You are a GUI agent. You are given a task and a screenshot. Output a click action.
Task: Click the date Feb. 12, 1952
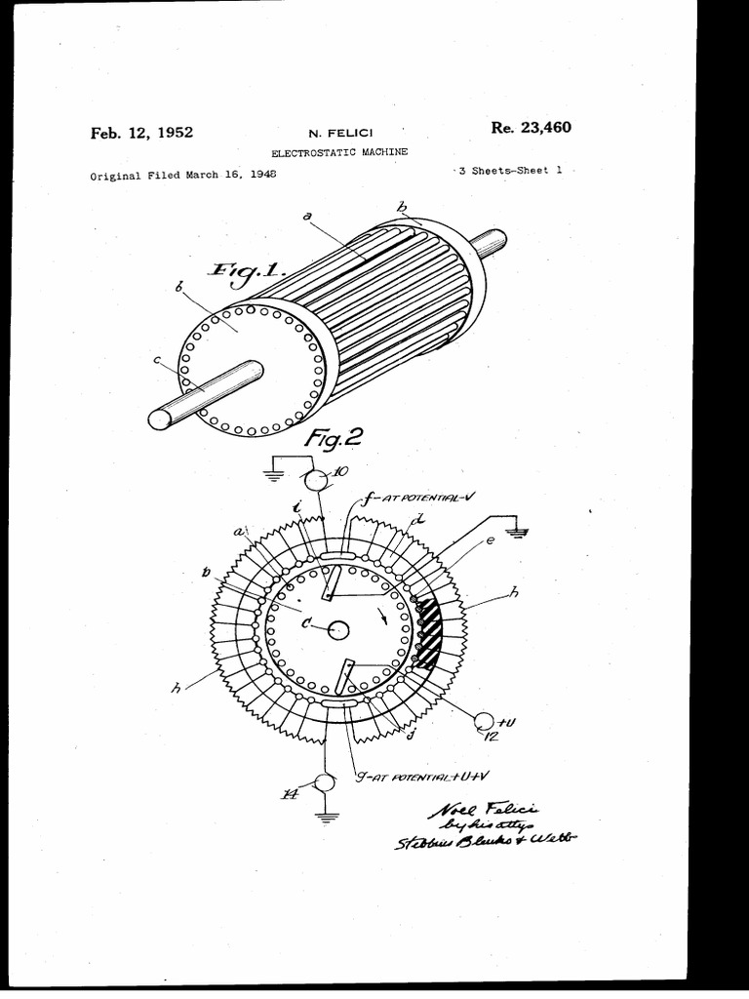[141, 133]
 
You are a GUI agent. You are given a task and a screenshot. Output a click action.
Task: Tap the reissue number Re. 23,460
[532, 127]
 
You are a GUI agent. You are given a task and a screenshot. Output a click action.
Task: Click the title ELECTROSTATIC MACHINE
[338, 152]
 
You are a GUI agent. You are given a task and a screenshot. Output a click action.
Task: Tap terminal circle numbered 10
[318, 479]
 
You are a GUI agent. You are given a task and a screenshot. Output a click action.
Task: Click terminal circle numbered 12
[483, 721]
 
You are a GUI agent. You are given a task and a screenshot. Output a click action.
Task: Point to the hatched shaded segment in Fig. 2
[429, 635]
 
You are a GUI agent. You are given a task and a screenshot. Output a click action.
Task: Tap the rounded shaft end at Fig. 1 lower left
[159, 419]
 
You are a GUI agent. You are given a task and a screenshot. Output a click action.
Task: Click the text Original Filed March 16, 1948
[182, 176]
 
